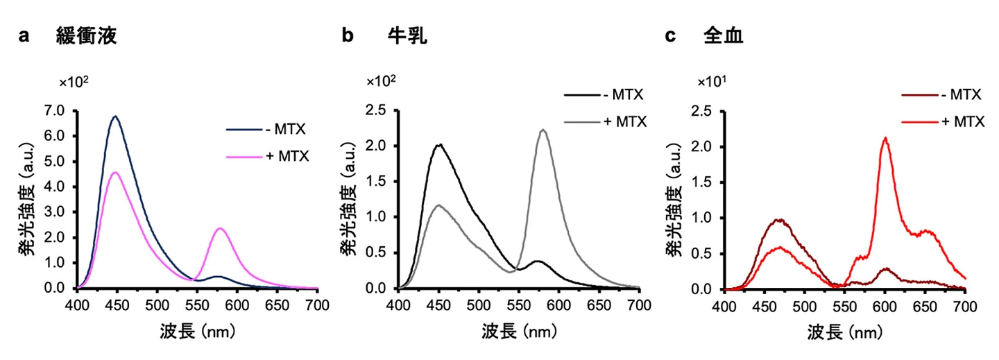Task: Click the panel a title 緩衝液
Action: (x=86, y=37)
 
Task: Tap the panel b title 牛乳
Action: (x=407, y=37)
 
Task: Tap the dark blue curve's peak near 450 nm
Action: (x=115, y=117)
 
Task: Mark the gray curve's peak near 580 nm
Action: (x=543, y=130)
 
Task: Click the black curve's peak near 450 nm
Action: (x=438, y=145)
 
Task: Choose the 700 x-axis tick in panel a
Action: (x=317, y=305)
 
